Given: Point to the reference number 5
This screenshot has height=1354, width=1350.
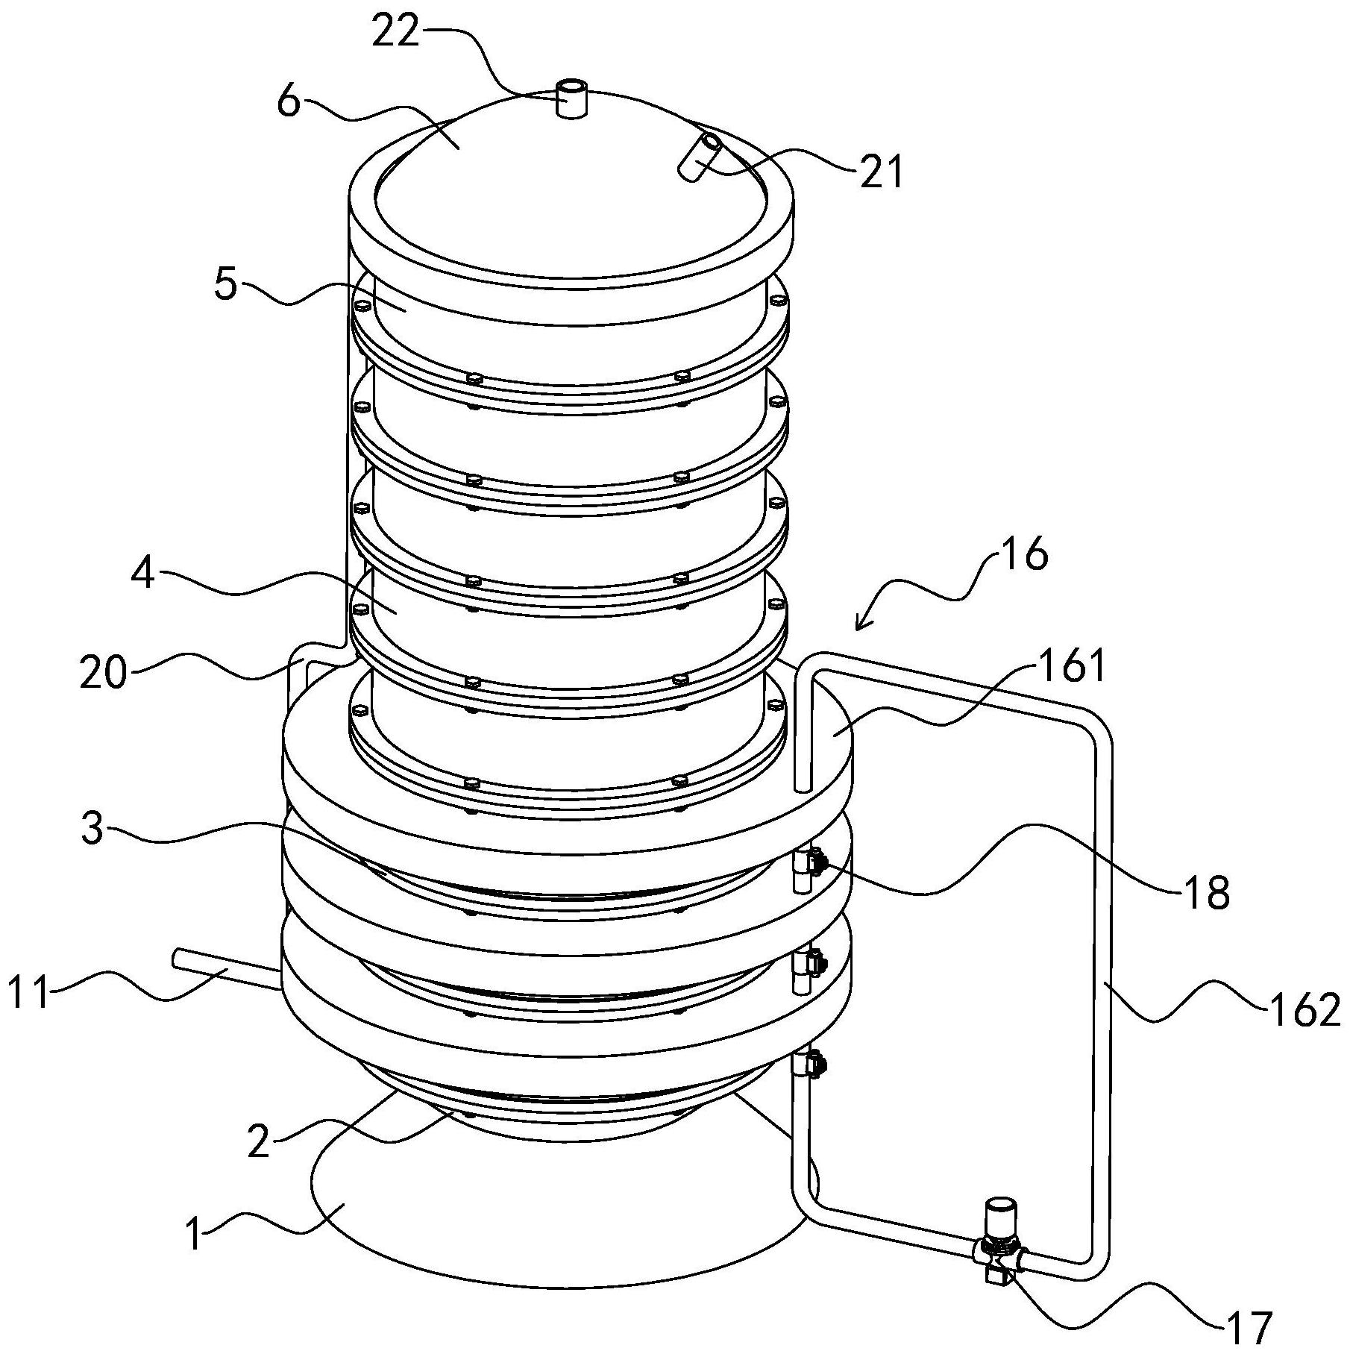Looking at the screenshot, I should (226, 284).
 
